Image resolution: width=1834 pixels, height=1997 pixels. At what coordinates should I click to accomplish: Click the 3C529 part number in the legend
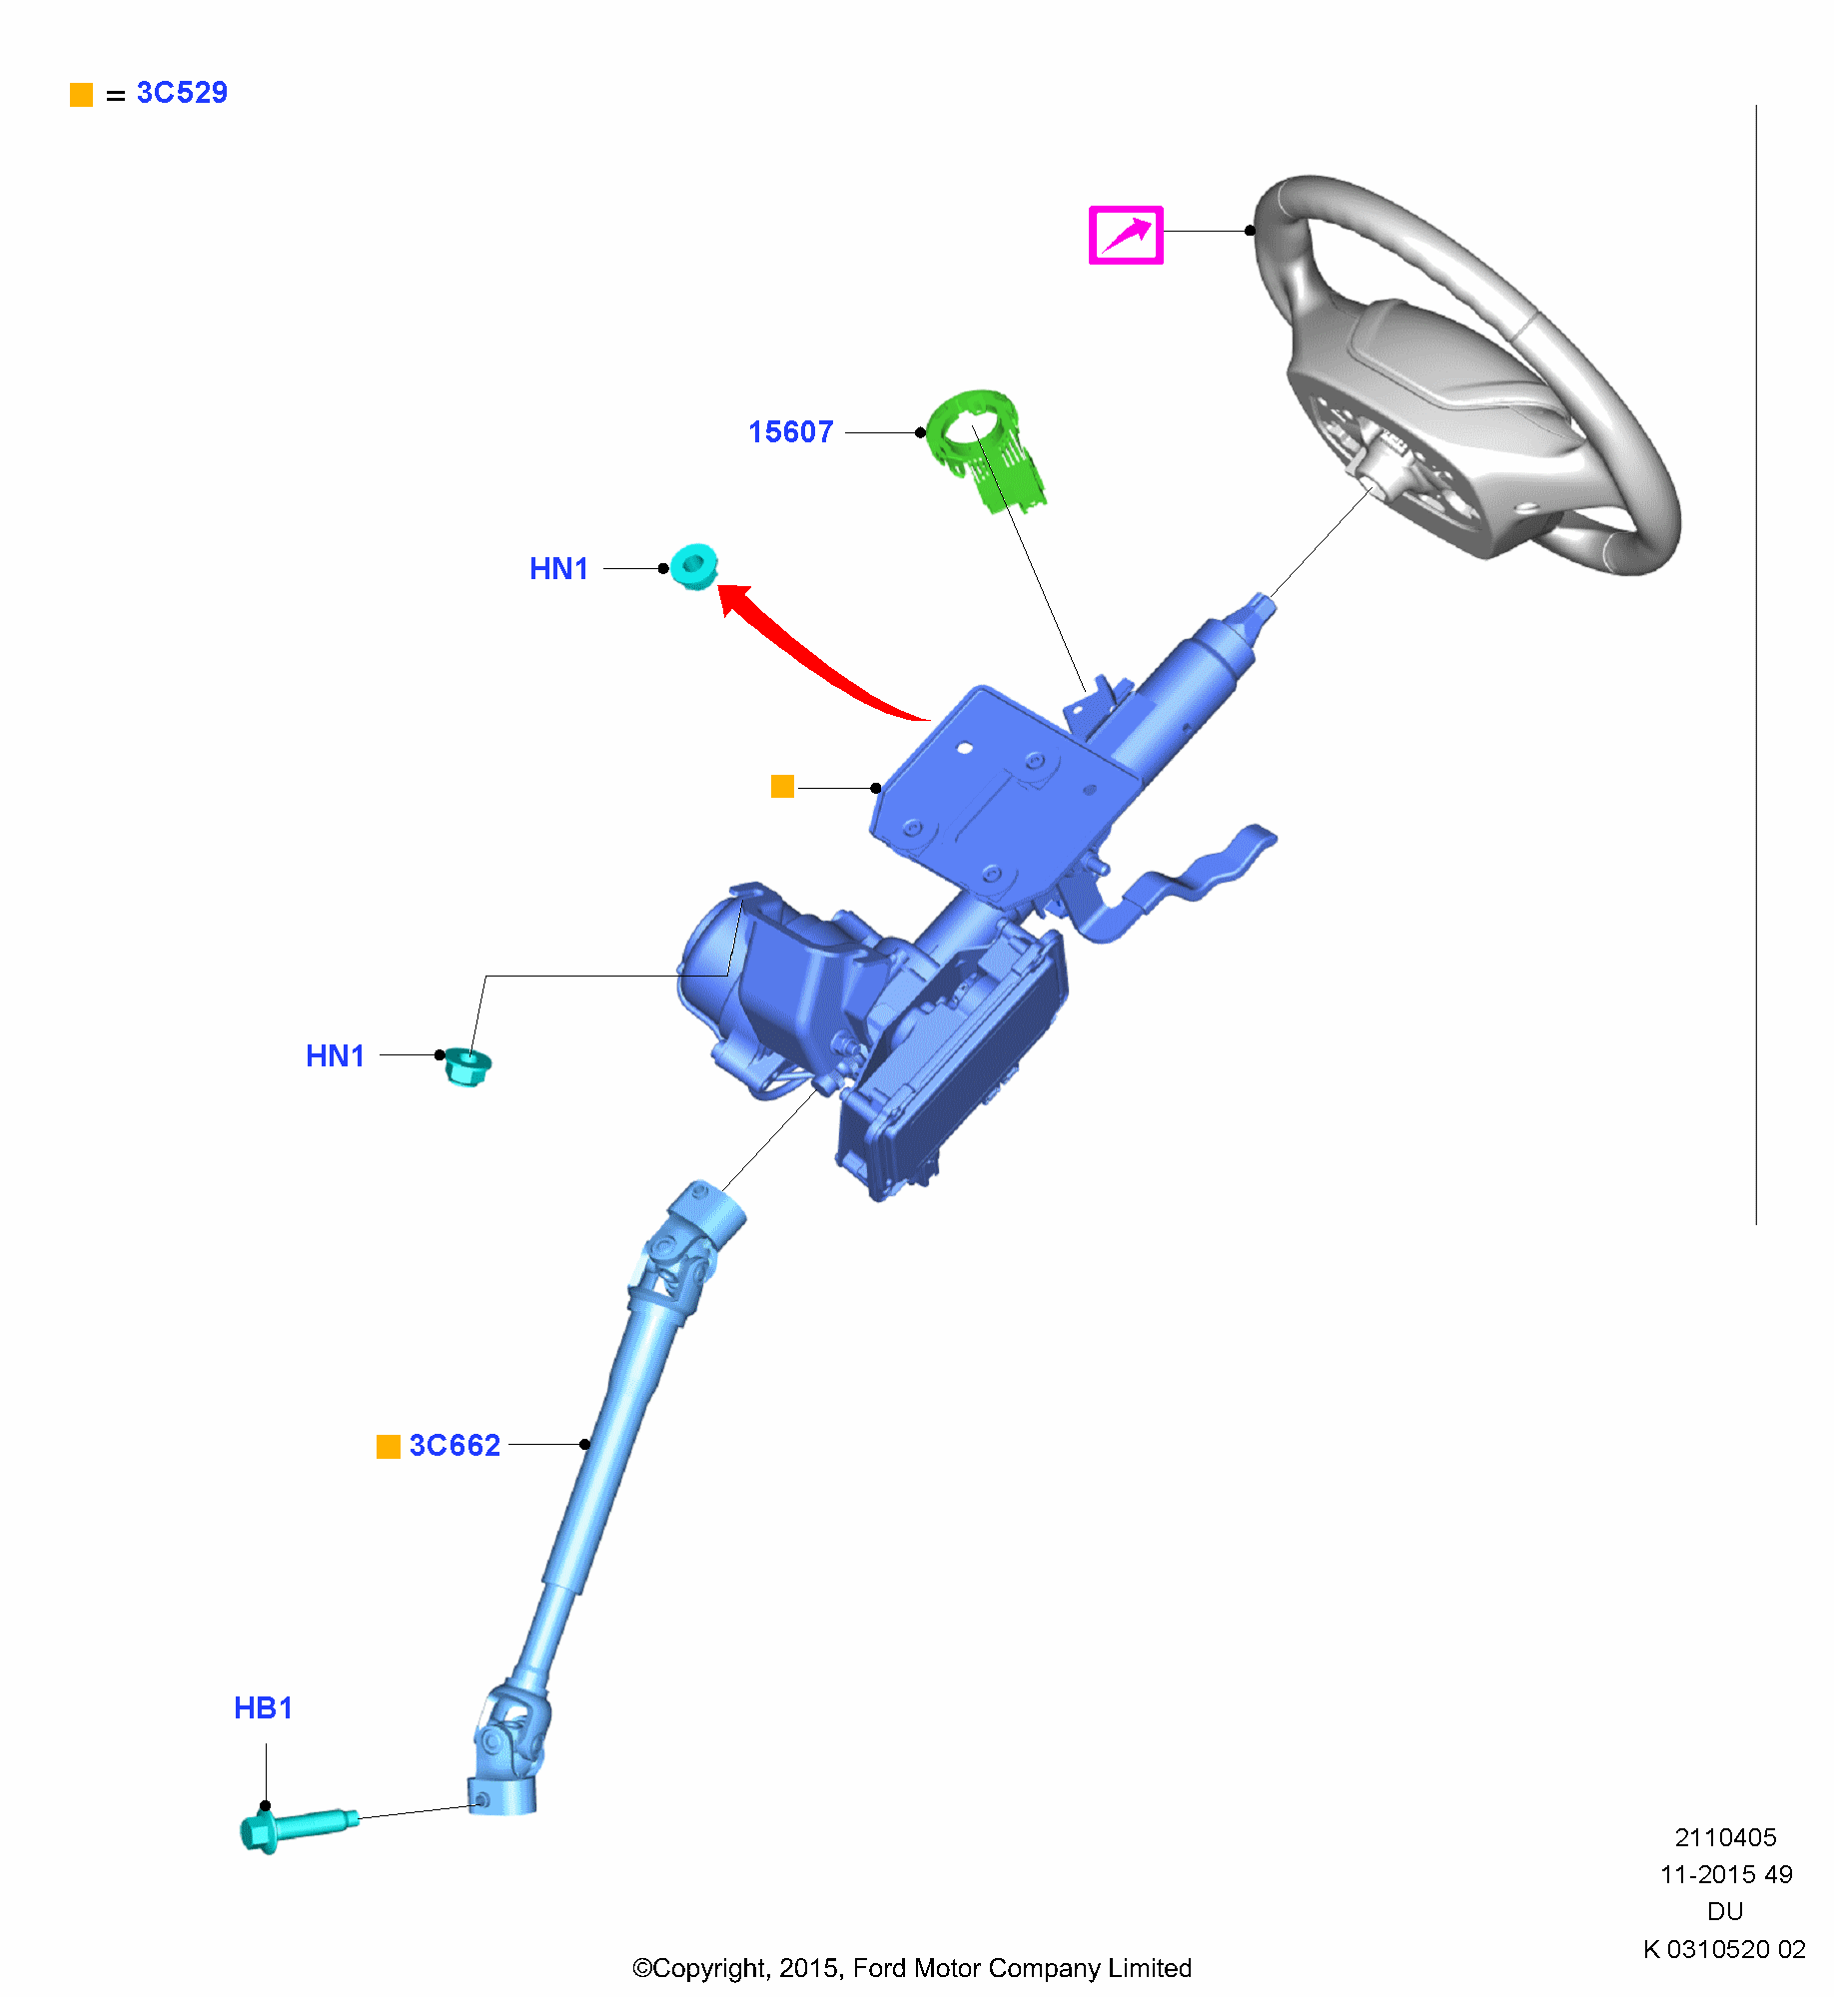[182, 93]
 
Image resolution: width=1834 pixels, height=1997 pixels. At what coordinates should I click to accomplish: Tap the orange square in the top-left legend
[81, 95]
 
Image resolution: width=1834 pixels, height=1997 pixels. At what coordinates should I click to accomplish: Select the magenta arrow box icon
[1126, 236]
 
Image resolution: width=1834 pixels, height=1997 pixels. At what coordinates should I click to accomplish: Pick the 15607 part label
[790, 432]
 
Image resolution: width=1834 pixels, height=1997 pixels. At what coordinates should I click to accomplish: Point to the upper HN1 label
[558, 569]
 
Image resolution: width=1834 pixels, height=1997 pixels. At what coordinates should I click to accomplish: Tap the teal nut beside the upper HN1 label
[694, 566]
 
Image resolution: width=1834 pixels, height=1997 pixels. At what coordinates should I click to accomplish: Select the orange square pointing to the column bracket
[782, 787]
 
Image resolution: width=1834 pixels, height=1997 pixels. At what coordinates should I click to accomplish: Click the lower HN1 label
[335, 1056]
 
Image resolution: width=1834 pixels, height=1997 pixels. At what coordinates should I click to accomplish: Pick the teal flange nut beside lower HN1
[466, 1066]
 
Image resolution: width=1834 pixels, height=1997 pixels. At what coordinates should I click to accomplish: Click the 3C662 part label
[455, 1446]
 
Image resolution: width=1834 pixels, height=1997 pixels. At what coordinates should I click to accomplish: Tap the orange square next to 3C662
[388, 1447]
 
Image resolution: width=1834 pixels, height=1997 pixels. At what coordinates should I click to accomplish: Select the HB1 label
[263, 1708]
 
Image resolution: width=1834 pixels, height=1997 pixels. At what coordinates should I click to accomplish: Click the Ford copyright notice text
[912, 1968]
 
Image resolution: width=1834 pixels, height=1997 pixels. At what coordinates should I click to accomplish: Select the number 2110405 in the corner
[1725, 1837]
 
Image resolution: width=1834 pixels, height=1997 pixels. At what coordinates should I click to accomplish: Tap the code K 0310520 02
[1724, 1949]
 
